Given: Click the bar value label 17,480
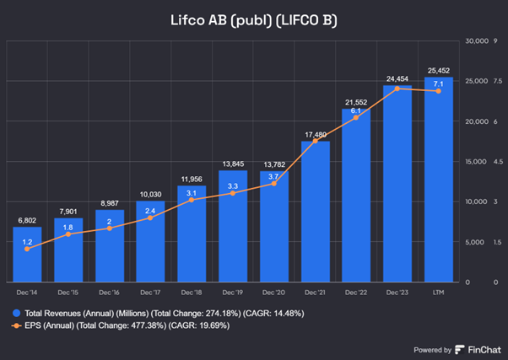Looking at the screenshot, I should click(x=315, y=133).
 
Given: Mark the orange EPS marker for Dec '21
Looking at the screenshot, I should click(x=315, y=142).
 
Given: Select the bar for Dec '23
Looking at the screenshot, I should click(x=397, y=185).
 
